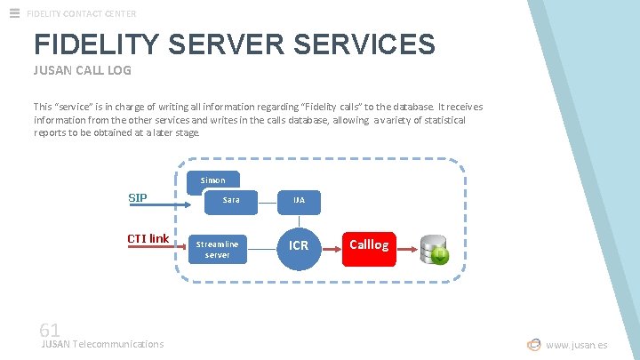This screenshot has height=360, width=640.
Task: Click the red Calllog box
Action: tap(369, 245)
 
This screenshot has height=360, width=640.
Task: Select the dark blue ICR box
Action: tap(299, 245)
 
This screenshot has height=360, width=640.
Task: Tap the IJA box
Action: tap(299, 200)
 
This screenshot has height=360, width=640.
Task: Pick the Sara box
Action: tap(231, 200)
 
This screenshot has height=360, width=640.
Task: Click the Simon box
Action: tap(212, 180)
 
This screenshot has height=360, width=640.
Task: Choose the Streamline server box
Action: tap(218, 249)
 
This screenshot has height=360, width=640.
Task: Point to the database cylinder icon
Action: tap(435, 249)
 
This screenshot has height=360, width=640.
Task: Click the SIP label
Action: tap(138, 197)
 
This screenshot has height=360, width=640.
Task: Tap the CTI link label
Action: tap(148, 238)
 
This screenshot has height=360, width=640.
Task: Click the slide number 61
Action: tap(50, 329)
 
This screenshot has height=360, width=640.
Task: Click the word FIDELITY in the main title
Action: tap(93, 44)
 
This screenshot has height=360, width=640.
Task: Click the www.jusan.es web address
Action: tap(577, 345)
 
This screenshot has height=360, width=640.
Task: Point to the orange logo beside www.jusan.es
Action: tap(533, 345)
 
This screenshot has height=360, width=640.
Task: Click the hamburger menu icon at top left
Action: tap(14, 12)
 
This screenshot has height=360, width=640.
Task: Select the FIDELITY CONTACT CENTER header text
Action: tap(82, 13)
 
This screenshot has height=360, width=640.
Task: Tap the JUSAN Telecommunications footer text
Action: tap(103, 344)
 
